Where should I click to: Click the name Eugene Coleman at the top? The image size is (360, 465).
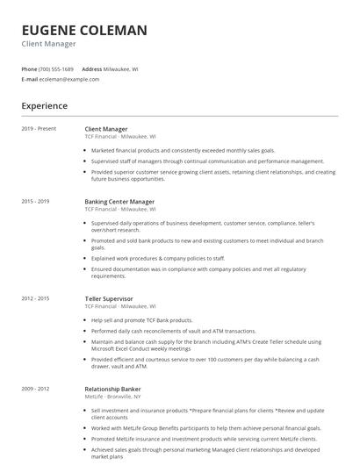point(84,31)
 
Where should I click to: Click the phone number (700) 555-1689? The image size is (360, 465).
point(56,68)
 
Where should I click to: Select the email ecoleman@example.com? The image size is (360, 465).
point(69,79)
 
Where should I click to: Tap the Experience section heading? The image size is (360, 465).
point(45,106)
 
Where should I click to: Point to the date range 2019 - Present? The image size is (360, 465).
point(39,129)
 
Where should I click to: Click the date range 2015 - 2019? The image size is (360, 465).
point(36,202)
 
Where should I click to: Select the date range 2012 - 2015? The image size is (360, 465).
point(36,299)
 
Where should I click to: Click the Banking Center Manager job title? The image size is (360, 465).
point(119,202)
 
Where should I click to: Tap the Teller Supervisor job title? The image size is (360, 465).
point(109,299)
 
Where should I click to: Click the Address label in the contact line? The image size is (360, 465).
point(91,68)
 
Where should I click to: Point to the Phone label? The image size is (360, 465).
point(29,68)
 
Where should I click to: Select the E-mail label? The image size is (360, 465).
point(29,79)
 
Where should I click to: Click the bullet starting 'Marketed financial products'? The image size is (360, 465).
point(183,150)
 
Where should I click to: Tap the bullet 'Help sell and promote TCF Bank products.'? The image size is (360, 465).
point(141,320)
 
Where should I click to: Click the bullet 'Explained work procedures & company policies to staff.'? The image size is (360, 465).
point(158,258)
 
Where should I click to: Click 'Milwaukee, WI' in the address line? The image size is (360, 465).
point(121,68)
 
